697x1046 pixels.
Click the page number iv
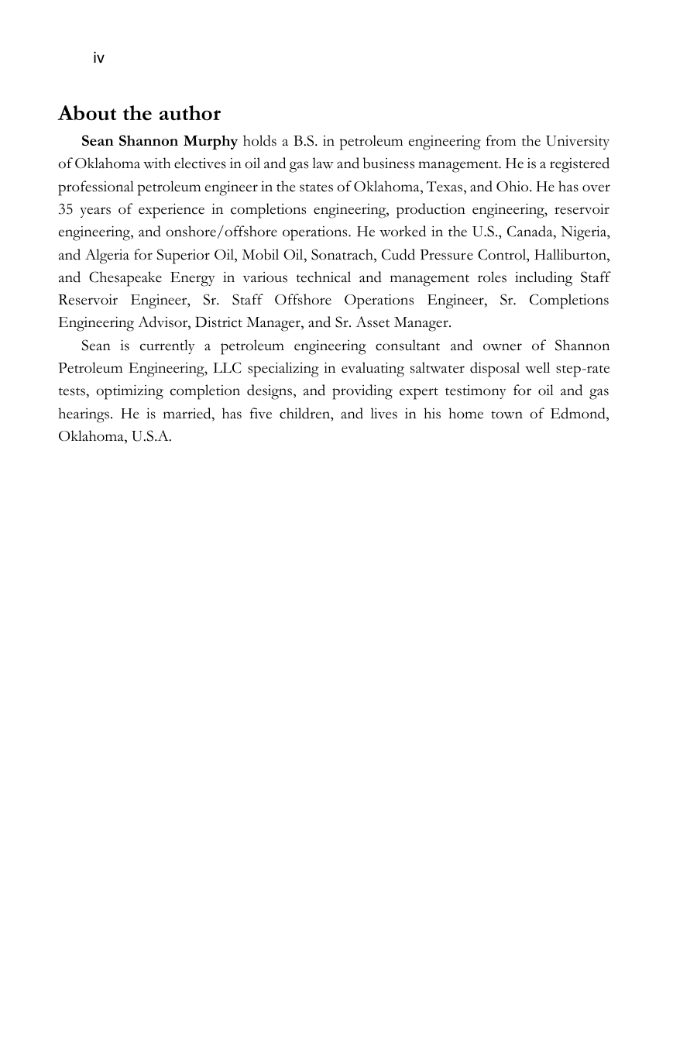pyautogui.click(x=98, y=58)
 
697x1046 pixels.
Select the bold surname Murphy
pyautogui.click(x=210, y=141)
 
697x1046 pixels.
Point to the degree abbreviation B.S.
pyautogui.click(x=305, y=141)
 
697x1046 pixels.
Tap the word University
pyautogui.click(x=577, y=141)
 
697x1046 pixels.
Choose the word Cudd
pyautogui.click(x=398, y=254)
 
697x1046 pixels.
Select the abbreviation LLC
pyautogui.click(x=225, y=368)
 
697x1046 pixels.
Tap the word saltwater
pyautogui.click(x=439, y=368)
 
